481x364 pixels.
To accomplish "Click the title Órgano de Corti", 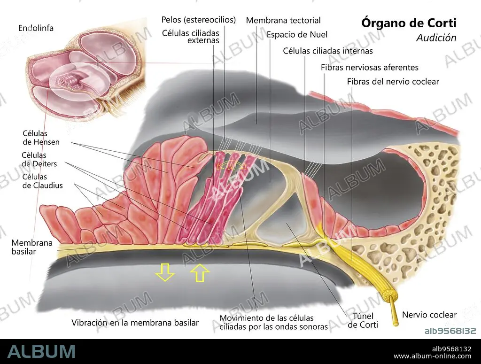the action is pyautogui.click(x=409, y=23).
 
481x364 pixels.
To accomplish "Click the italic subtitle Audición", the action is pyautogui.click(x=436, y=38).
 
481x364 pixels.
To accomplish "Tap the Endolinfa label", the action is pyautogui.click(x=36, y=28).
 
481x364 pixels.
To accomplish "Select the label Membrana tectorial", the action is pyautogui.click(x=283, y=21).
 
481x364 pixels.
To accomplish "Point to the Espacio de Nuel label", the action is pyautogui.click(x=297, y=34).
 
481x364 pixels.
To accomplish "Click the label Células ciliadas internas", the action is pyautogui.click(x=327, y=51).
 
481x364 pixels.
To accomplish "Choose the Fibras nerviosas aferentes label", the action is pyautogui.click(x=370, y=68).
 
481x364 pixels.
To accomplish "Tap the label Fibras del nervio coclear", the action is pyautogui.click(x=393, y=82).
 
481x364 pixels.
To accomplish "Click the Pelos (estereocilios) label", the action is pyautogui.click(x=199, y=20).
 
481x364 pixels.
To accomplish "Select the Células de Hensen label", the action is pyautogui.click(x=41, y=138).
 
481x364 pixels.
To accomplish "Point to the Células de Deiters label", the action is pyautogui.click(x=39, y=160).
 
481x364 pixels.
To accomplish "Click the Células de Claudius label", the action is pyautogui.click(x=42, y=181).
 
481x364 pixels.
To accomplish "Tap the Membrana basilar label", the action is pyautogui.click(x=32, y=247).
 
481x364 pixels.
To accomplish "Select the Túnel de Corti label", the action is pyautogui.click(x=363, y=320).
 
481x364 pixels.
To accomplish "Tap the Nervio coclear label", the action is pyautogui.click(x=429, y=315).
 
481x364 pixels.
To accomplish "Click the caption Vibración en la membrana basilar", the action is pyautogui.click(x=135, y=323).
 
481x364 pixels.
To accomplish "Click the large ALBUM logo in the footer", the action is pyautogui.click(x=41, y=351).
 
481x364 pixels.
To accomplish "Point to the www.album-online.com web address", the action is pyautogui.click(x=433, y=356).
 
